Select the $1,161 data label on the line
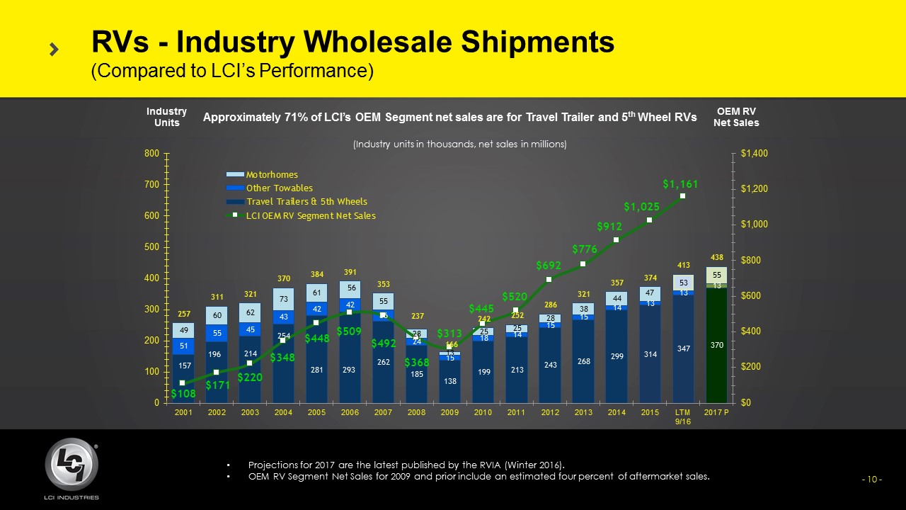click(680, 184)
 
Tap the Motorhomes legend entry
click(272, 174)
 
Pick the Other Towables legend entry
click(279, 188)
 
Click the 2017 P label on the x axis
click(717, 412)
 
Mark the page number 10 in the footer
click(871, 480)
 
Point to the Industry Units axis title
click(166, 117)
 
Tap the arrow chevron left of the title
click(54, 49)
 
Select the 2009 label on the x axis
click(450, 412)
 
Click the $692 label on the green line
click(548, 266)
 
